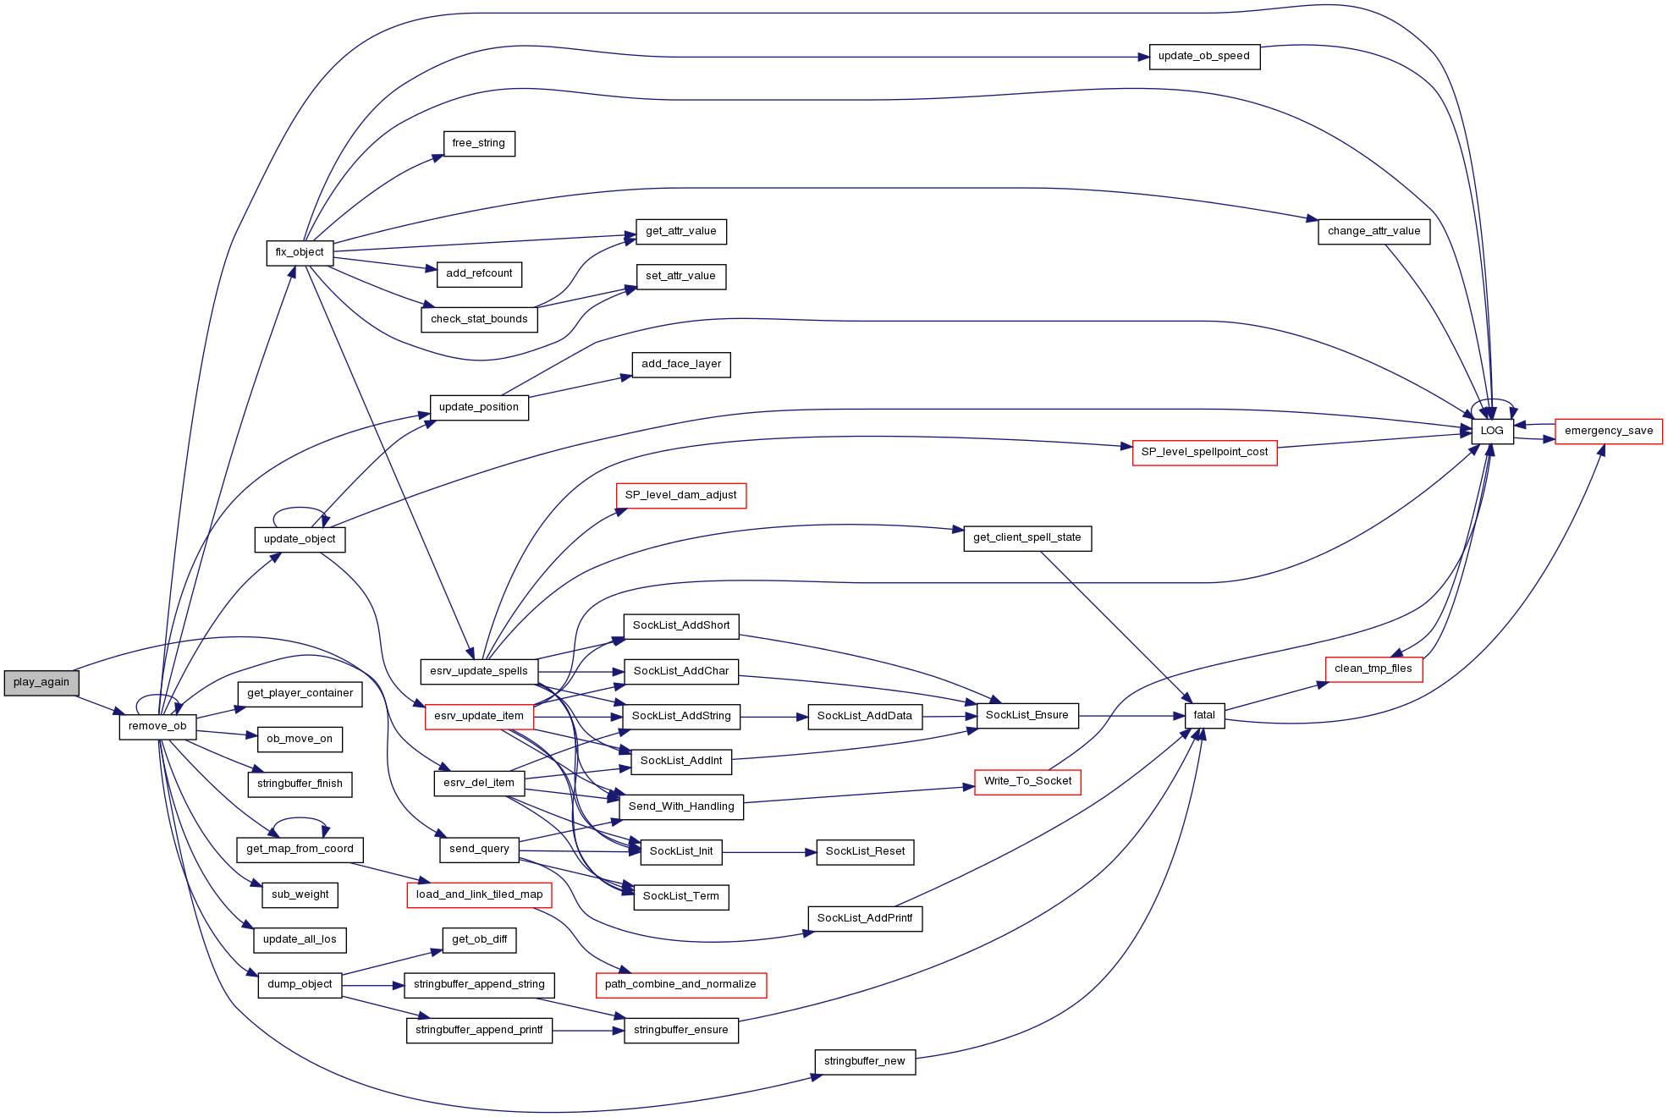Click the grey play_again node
click(41, 682)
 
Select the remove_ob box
click(157, 726)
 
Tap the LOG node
click(1492, 431)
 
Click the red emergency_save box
click(1608, 431)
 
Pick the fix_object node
click(300, 252)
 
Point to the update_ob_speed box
click(1204, 57)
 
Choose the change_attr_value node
click(1373, 231)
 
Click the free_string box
click(479, 143)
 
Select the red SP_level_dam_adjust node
click(681, 495)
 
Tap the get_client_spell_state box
click(1027, 537)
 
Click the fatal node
click(1204, 715)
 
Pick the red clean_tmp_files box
click(1373, 669)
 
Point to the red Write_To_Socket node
click(1027, 781)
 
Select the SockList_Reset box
click(865, 851)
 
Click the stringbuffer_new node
click(865, 1061)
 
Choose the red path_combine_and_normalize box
click(681, 985)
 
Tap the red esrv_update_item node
click(479, 716)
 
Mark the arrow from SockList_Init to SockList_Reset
click(769, 852)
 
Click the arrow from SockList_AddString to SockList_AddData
click(774, 717)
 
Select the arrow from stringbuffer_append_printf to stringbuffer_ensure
click(588, 1031)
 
